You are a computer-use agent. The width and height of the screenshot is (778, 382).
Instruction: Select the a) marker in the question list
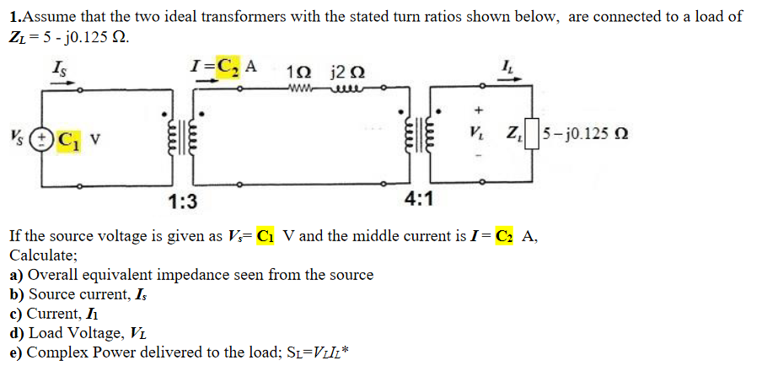click(x=17, y=274)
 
